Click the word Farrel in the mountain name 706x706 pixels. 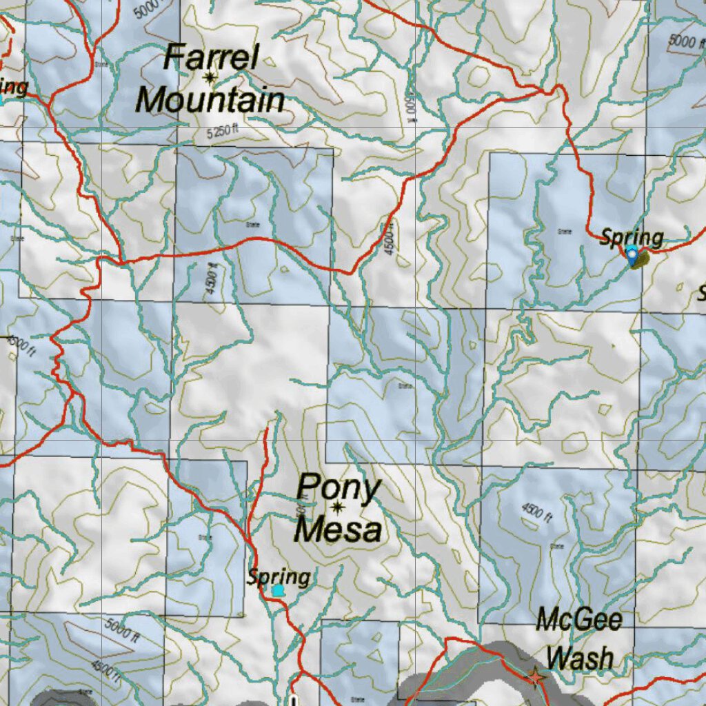click(211, 57)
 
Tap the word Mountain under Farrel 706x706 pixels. click(210, 101)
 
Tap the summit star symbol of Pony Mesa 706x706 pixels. click(338, 509)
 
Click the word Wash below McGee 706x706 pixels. click(581, 658)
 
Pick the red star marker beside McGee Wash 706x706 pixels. click(536, 678)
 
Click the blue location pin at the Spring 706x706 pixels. click(632, 256)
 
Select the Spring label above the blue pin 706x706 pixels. click(631, 238)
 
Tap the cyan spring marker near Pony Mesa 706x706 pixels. click(278, 591)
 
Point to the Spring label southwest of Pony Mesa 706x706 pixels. click(279, 576)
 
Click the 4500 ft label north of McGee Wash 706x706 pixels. click(537, 512)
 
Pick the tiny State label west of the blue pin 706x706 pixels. click(565, 232)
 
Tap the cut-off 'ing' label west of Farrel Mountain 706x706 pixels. click(14, 88)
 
